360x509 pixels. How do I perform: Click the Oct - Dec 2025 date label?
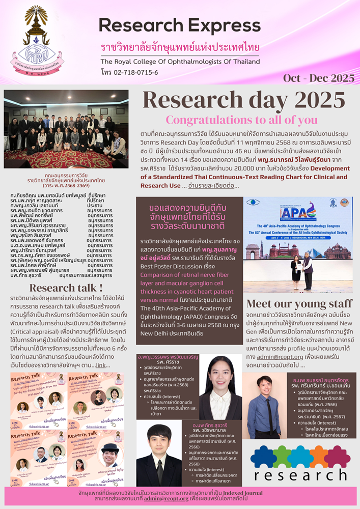(319, 78)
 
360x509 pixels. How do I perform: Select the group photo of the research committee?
(66, 129)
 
